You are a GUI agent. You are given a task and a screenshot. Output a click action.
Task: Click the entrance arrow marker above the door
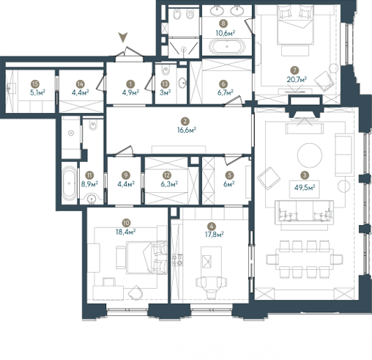tap(123, 37)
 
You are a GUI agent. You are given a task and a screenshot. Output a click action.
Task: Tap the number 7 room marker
tap(294, 70)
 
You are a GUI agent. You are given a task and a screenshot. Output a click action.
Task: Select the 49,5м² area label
tap(305, 188)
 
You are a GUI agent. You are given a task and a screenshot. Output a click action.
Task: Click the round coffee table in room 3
tap(310, 155)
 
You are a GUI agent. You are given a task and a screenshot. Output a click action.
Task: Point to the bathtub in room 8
tap(227, 46)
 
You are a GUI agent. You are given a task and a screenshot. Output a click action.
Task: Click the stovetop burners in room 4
tap(177, 260)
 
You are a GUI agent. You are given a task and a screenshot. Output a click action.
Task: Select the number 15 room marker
tap(35, 84)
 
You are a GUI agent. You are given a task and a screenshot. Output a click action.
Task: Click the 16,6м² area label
tap(187, 130)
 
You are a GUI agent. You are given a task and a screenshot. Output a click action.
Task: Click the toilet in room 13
tap(165, 70)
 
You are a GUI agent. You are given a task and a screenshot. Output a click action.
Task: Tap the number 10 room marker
tap(126, 223)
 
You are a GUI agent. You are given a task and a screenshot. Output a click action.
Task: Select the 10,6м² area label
tap(226, 33)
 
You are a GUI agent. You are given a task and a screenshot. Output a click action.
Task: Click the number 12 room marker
tap(167, 175)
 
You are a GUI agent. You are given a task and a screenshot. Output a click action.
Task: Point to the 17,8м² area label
tap(215, 235)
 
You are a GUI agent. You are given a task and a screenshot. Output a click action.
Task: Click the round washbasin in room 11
tap(92, 198)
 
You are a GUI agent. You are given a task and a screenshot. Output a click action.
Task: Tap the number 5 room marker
tap(229, 175)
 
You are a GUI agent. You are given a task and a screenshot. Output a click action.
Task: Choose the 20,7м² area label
tap(297, 79)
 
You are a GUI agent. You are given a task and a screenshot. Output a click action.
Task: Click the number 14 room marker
tap(80, 84)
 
